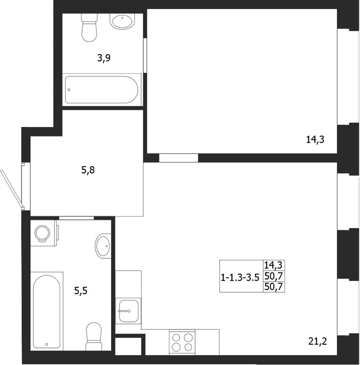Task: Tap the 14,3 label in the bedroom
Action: point(316,140)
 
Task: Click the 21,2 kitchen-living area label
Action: point(316,341)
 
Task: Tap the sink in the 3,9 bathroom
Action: point(122,21)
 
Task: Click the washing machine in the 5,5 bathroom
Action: point(43,233)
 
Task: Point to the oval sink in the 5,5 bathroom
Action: point(103,245)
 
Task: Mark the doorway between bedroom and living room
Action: point(178,158)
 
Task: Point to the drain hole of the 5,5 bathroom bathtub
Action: point(47,344)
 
